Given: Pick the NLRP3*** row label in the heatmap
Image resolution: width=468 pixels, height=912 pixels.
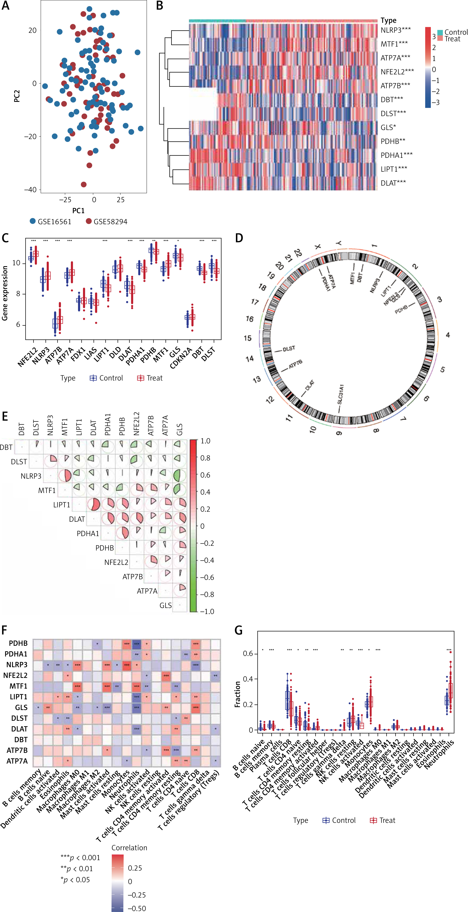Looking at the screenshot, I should tap(395, 30).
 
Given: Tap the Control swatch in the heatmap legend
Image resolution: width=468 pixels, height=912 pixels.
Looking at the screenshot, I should tap(440, 32).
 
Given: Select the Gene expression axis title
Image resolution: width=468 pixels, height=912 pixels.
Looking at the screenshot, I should tap(5, 293).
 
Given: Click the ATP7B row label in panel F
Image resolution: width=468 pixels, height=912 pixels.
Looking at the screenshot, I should tap(17, 750).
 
